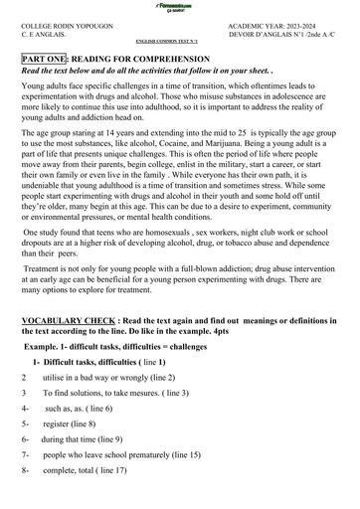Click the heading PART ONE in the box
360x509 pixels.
point(44,61)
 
